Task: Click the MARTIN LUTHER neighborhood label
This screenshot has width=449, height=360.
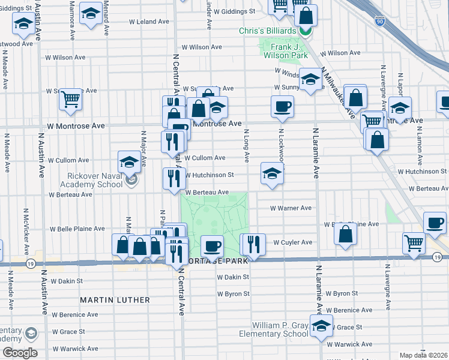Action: pos(115,299)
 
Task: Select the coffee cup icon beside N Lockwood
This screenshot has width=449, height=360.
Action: pos(282,106)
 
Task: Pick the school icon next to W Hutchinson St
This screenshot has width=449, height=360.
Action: pos(272,173)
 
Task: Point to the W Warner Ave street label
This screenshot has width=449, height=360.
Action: pos(291,208)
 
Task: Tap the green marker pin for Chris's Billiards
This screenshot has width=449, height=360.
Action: pos(306,29)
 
